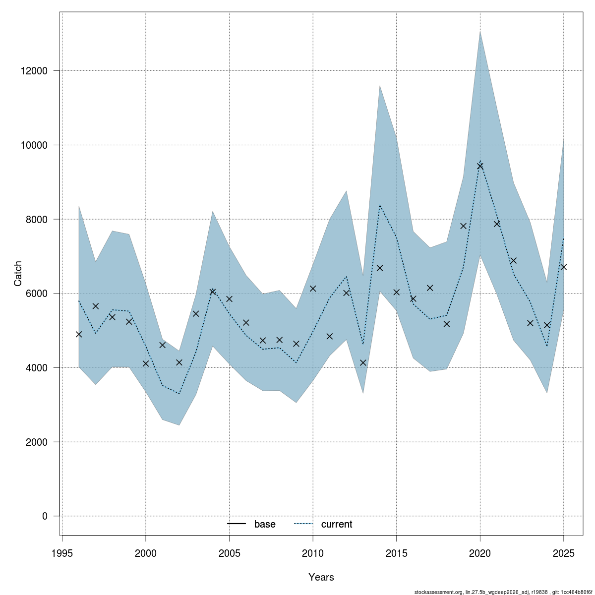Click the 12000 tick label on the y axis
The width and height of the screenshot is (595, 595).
pyautogui.click(x=34, y=71)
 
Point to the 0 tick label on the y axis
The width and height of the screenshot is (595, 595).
pyautogui.click(x=45, y=516)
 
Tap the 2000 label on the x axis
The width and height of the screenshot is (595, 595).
pyautogui.click(x=146, y=553)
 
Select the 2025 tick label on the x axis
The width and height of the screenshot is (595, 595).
pyautogui.click(x=563, y=553)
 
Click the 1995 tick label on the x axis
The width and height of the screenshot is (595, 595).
pyautogui.click(x=62, y=553)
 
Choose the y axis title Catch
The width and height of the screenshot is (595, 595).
pyautogui.click(x=18, y=274)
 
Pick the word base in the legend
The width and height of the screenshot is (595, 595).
pyautogui.click(x=265, y=524)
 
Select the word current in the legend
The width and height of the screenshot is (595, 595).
pyautogui.click(x=337, y=524)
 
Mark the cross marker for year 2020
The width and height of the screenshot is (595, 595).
pyautogui.click(x=480, y=166)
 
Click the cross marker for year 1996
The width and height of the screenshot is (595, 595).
pyautogui.click(x=79, y=334)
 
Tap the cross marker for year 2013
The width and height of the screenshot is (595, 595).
pyautogui.click(x=363, y=362)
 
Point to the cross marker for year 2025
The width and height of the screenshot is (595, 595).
pyautogui.click(x=563, y=267)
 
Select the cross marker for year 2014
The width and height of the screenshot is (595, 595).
pyautogui.click(x=380, y=268)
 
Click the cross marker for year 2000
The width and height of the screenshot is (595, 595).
pyautogui.click(x=146, y=363)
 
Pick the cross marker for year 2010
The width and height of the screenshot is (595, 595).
pyautogui.click(x=313, y=289)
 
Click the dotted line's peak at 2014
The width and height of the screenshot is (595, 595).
pyautogui.click(x=380, y=205)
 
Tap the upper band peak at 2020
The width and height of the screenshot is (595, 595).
pyautogui.click(x=480, y=31)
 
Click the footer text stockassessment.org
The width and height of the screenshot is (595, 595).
pyautogui.click(x=438, y=592)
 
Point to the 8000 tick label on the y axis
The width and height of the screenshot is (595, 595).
pyautogui.click(x=37, y=219)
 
